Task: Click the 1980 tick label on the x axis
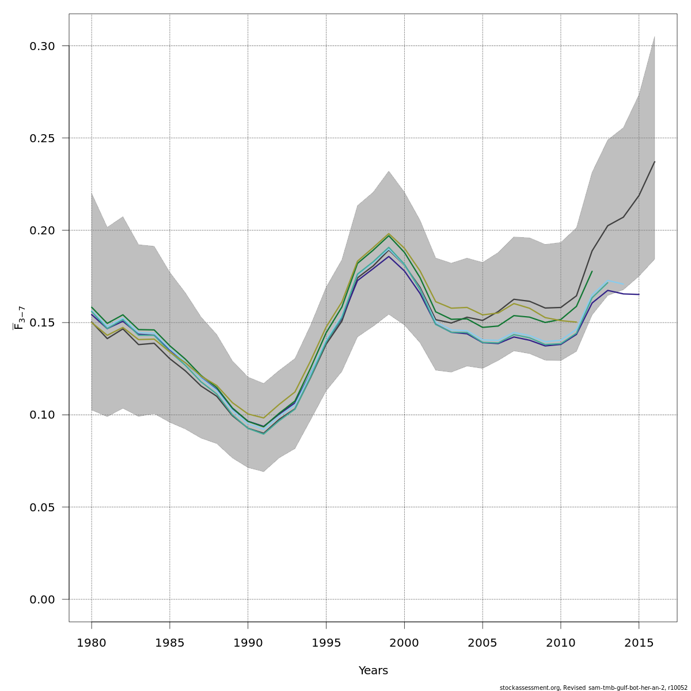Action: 92,643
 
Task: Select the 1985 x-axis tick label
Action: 170,643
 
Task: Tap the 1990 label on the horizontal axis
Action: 248,643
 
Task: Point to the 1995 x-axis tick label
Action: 326,643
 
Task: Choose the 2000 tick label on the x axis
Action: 404,643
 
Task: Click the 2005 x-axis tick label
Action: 483,643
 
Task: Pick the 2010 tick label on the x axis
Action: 560,643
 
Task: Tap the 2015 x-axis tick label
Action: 639,643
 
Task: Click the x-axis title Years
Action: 373,671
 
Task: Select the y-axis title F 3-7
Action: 18,318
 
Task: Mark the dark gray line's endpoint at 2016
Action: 655,162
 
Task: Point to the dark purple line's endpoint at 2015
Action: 639,294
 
